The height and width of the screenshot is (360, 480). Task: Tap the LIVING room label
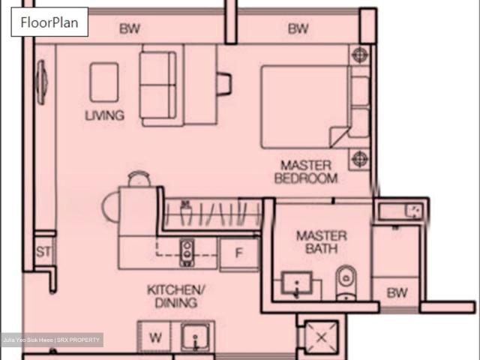[x=104, y=115]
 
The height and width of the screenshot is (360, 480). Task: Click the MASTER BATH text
[x=321, y=241]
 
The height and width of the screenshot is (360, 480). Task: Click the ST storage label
[x=43, y=252]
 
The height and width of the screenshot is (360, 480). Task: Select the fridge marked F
[x=239, y=253]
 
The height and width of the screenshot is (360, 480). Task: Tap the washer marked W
[x=154, y=337]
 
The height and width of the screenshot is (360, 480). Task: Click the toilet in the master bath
[x=345, y=282]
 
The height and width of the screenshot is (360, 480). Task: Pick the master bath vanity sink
[x=298, y=286]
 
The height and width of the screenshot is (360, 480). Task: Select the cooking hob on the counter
[x=186, y=253]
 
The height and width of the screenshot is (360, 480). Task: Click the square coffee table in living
[x=103, y=82]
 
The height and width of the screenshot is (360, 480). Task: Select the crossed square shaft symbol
[x=322, y=337]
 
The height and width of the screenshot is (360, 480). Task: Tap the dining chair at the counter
[x=139, y=179]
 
